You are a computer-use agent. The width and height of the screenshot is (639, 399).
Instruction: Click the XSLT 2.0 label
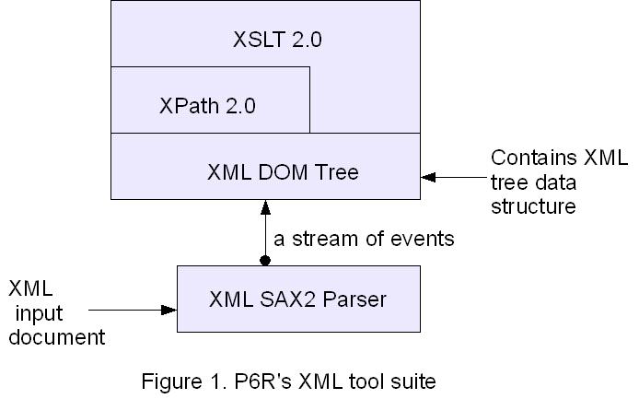click(277, 40)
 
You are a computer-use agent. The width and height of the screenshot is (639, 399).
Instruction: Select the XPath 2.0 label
click(207, 106)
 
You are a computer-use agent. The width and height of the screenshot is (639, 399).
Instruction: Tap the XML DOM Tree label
click(283, 171)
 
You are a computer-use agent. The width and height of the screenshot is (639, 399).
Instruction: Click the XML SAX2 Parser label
click(297, 299)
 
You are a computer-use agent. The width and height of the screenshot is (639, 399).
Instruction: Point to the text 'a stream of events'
click(364, 239)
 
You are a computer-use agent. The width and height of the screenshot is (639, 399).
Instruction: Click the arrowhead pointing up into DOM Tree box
click(265, 207)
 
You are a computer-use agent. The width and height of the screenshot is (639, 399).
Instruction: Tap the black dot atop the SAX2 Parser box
click(265, 260)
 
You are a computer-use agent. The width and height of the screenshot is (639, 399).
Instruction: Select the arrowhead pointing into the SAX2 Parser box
click(168, 310)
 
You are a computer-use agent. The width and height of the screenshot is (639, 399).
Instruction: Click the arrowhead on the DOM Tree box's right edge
click(428, 177)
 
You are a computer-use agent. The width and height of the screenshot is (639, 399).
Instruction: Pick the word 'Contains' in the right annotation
click(533, 158)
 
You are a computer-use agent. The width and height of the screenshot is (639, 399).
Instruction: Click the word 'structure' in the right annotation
click(533, 206)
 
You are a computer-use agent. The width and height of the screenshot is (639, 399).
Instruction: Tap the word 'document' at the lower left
click(57, 337)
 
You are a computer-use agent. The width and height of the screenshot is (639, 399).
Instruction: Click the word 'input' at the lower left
click(39, 314)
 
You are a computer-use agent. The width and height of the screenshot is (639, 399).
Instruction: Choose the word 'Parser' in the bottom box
click(354, 299)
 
